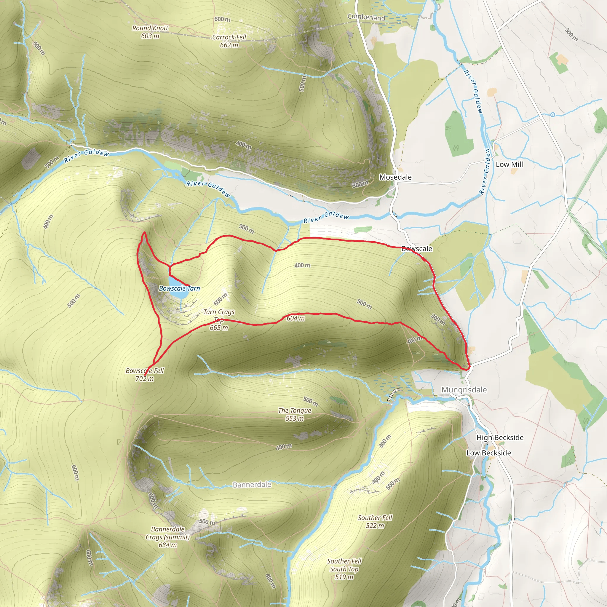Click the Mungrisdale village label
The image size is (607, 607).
(464, 390)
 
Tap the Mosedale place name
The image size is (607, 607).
(395, 177)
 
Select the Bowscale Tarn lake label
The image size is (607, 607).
(179, 288)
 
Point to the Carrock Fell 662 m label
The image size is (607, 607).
(229, 41)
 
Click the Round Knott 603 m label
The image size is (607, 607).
(150, 32)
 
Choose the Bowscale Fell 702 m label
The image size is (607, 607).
(145, 375)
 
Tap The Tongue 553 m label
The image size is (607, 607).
(294, 414)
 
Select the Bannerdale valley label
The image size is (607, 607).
(252, 485)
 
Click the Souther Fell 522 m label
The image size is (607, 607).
(375, 522)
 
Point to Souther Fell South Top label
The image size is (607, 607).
(344, 569)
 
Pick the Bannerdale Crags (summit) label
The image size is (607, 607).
(168, 537)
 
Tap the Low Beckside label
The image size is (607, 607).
(488, 453)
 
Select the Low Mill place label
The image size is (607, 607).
(509, 164)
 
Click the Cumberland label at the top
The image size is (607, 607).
(366, 17)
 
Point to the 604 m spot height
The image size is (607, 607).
(295, 318)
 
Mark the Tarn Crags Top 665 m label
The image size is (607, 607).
(219, 320)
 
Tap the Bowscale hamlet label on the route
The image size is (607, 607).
(417, 249)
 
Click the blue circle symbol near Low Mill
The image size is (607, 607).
(553, 115)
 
